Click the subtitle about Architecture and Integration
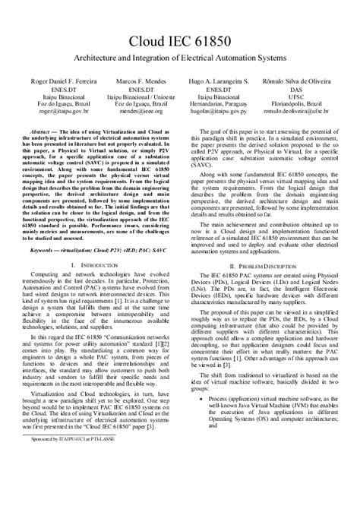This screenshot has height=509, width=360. [x=179, y=58]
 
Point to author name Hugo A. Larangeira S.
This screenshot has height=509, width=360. [x=219, y=80]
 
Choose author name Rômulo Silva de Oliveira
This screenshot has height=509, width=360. [x=297, y=80]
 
